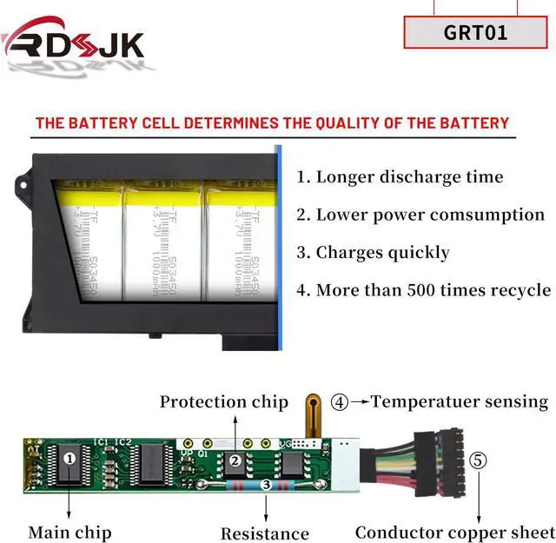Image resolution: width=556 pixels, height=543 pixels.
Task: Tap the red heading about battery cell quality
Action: coord(272,123)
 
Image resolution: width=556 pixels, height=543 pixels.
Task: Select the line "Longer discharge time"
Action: coord(400,177)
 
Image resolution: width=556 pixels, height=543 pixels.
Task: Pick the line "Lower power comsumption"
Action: coord(420,215)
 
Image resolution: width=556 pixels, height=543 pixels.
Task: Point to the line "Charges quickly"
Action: coord(373,253)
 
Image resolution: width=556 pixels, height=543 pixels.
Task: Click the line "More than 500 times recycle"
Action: coord(423,290)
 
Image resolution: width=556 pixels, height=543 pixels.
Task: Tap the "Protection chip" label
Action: coord(223,402)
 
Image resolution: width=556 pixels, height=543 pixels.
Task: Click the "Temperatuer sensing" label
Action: coord(460,401)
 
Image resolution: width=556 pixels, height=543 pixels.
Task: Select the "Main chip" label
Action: coord(69,532)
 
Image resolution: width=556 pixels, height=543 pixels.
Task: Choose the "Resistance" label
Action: coord(264,533)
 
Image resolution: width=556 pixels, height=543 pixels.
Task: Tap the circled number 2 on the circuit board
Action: coord(235,460)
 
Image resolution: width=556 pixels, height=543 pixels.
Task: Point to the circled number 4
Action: coord(340,402)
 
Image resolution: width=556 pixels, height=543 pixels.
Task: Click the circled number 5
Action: coord(479,460)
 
